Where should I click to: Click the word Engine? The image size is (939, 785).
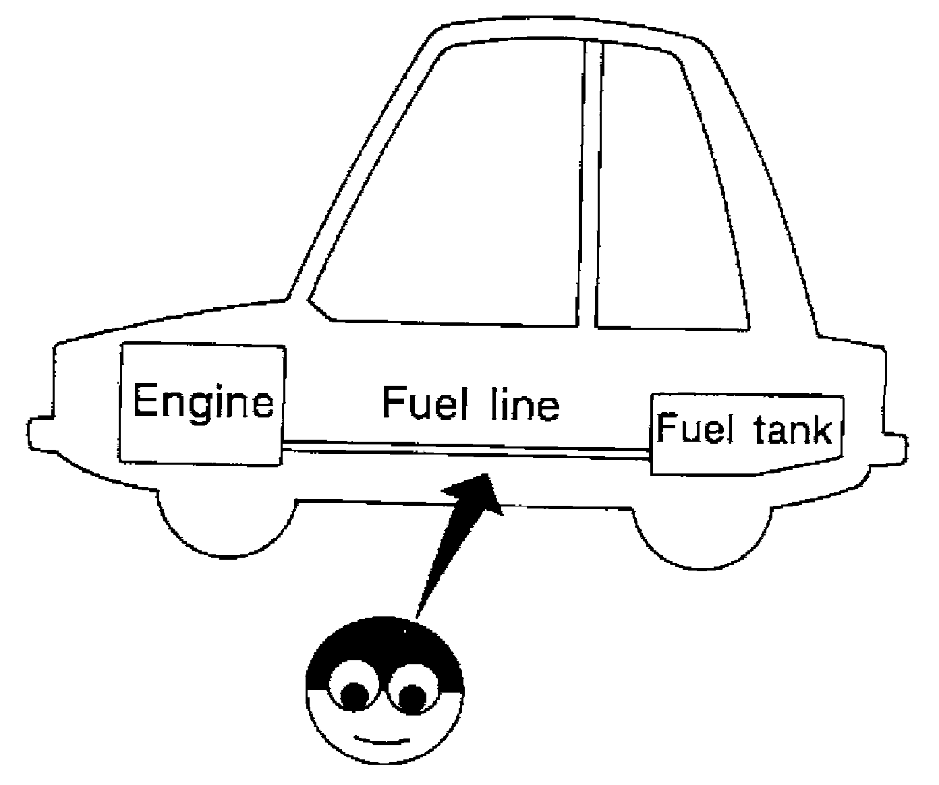pyautogui.click(x=202, y=401)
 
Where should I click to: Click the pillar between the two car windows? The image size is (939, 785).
pyautogui.click(x=588, y=189)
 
